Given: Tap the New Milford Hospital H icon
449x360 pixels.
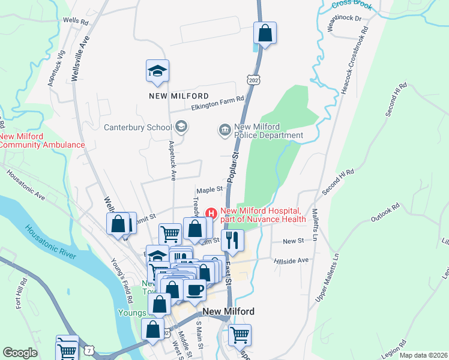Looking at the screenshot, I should click(x=211, y=213).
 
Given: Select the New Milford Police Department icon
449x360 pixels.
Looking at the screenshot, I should click(x=225, y=130).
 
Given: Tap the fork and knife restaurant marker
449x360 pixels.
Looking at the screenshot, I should click(x=232, y=240).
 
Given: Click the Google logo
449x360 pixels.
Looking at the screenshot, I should click(x=20, y=353).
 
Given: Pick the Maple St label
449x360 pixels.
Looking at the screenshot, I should click(x=211, y=188).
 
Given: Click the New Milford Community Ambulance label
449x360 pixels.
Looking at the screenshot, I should click(x=42, y=140).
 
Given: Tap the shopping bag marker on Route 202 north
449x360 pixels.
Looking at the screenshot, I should click(x=265, y=34).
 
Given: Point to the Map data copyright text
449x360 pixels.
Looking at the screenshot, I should click(x=423, y=355).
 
